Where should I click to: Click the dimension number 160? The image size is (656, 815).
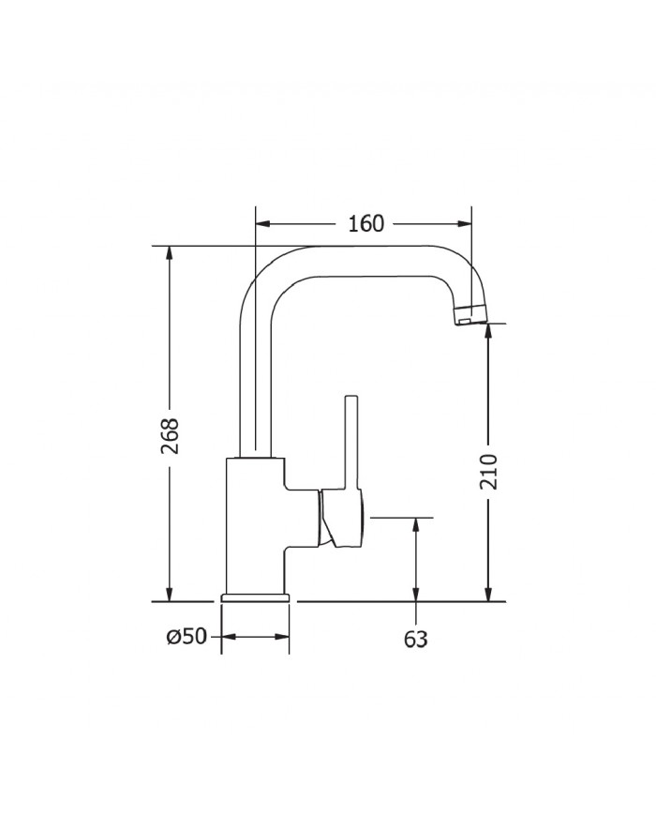coord(365,224)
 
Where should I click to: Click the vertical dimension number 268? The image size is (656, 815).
coord(170,435)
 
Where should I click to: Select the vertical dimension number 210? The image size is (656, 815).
coord(488,471)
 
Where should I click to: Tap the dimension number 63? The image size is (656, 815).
coord(415,639)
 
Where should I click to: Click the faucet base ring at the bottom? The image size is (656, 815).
coord(255,596)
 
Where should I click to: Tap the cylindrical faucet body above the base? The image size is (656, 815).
coord(254,525)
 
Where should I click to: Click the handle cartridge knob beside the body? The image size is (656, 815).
coord(343,520)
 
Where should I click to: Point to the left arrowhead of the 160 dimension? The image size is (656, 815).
coord(262,224)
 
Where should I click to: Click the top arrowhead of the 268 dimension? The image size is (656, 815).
coord(170,254)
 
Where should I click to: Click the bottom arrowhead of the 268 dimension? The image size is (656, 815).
coord(170,594)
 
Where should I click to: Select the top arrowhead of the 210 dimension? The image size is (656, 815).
coord(488,331)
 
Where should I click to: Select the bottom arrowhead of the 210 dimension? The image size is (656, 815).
coord(488,594)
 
